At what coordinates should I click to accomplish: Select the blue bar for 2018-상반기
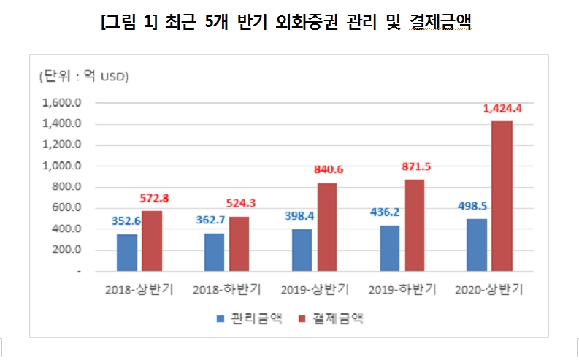coord(127,253)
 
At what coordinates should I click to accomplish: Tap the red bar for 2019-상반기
coord(327,227)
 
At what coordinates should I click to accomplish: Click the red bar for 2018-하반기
coord(239,244)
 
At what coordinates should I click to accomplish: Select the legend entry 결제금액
coord(333,318)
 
